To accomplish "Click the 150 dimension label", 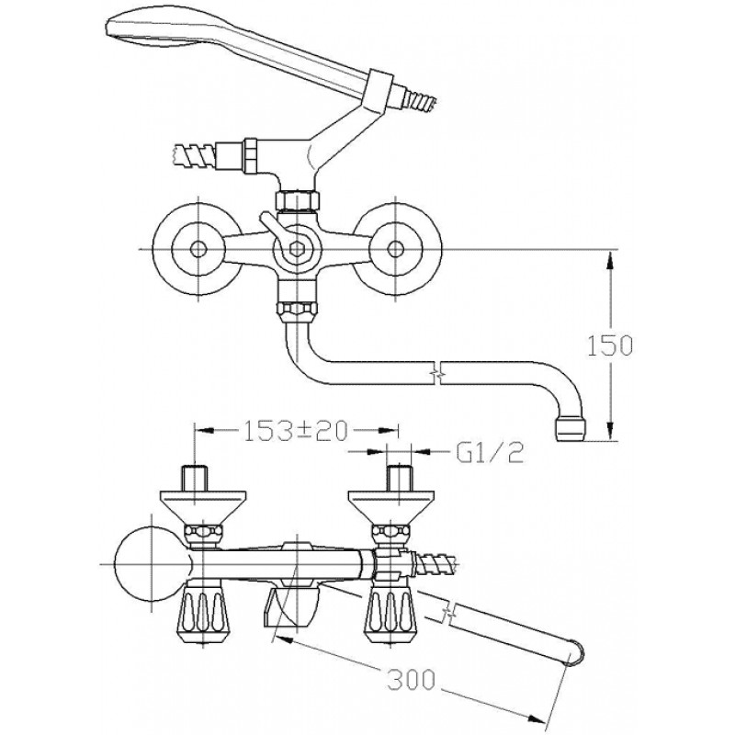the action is coord(610,345).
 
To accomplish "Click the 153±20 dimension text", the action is coord(296,430).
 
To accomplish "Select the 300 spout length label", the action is coord(411,679).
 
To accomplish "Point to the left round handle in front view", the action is coord(198,249).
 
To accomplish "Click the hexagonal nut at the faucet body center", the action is coord(296,248).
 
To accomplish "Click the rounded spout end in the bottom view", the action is coord(575,651).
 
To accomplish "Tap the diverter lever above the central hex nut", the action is coord(270,228).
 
